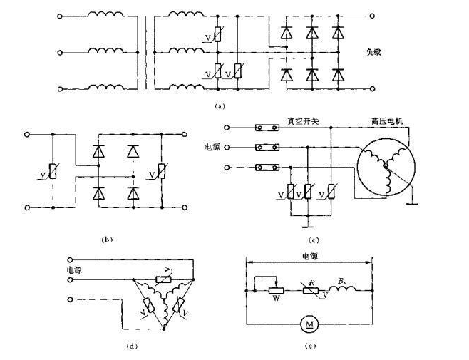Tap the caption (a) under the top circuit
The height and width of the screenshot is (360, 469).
pyautogui.click(x=220, y=106)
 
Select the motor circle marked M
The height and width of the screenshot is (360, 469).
pyautogui.click(x=311, y=326)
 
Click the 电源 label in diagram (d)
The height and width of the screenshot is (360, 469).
pyautogui.click(x=74, y=270)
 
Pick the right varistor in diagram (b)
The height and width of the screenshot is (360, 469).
pyautogui.click(x=162, y=170)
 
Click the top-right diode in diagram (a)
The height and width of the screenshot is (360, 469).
pyautogui.click(x=336, y=33)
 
